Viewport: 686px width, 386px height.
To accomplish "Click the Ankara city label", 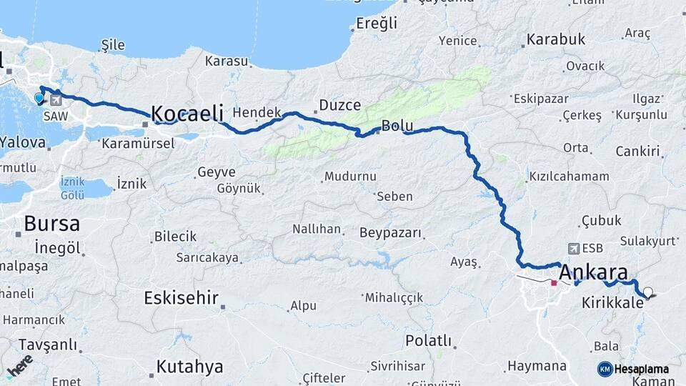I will tap(593, 272).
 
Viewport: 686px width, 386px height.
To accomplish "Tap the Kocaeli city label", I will tap(187, 113).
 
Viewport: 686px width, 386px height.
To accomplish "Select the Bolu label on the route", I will tap(398, 126).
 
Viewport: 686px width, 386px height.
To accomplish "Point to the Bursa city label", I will tap(51, 223).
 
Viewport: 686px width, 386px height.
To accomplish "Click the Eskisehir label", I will tap(181, 297).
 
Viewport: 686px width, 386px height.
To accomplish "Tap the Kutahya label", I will tap(189, 367).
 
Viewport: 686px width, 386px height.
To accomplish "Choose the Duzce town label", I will tap(339, 105).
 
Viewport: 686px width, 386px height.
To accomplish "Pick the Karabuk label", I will tap(556, 39).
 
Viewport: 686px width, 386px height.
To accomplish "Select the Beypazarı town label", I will tap(390, 233).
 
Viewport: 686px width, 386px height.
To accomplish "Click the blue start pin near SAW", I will tap(39, 97).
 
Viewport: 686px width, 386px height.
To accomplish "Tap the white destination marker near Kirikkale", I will tap(648, 292).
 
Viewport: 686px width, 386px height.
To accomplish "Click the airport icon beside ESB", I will tap(572, 248).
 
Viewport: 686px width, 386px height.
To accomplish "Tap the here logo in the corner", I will tap(19, 365).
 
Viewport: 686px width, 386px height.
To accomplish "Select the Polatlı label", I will tap(428, 340).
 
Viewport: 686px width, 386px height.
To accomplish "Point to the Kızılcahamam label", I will tap(569, 176).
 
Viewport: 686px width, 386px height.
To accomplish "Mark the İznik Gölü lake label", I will tap(73, 189).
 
